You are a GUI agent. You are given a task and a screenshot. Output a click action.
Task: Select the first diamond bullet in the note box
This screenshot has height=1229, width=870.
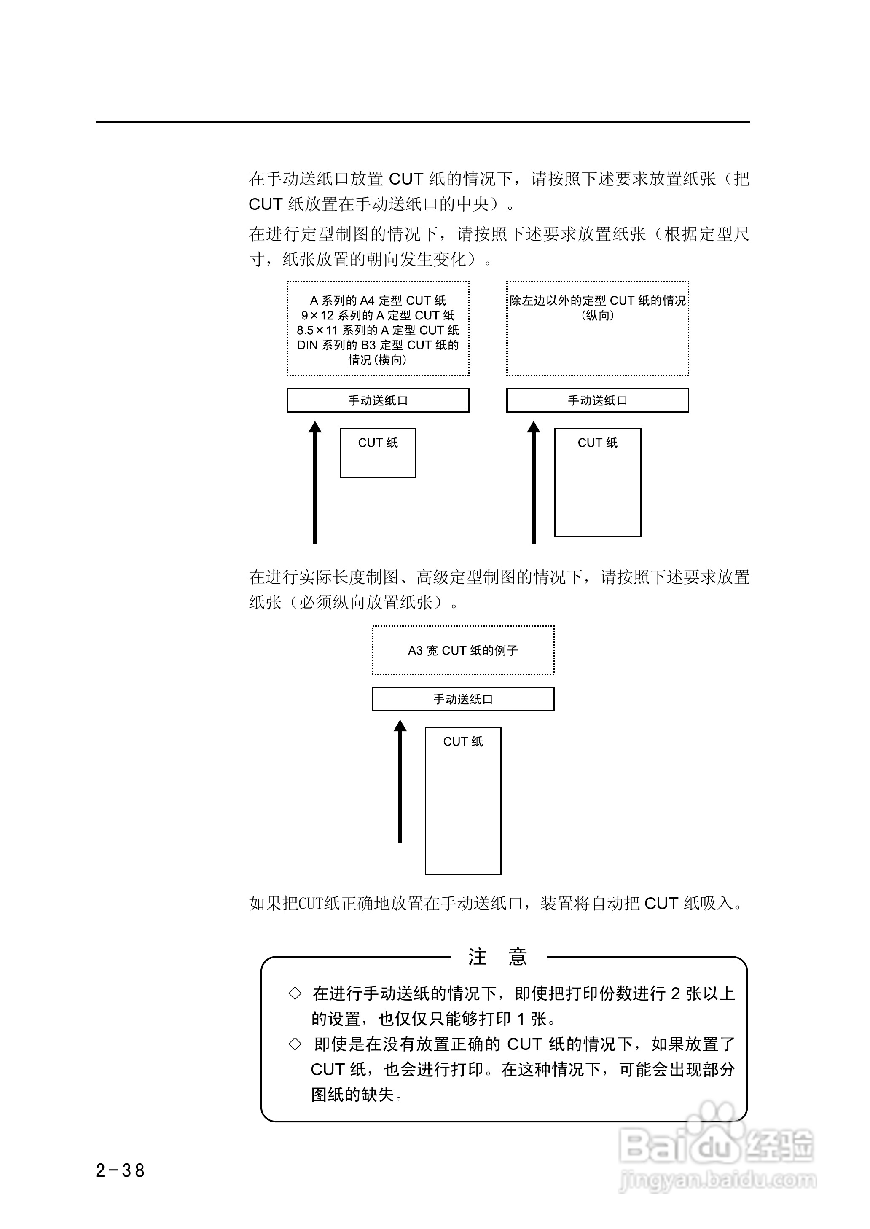tap(295, 993)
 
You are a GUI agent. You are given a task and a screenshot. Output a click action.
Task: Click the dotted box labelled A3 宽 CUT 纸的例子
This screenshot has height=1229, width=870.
tap(463, 650)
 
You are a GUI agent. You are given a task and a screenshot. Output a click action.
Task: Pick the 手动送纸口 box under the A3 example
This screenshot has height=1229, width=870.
tap(463, 699)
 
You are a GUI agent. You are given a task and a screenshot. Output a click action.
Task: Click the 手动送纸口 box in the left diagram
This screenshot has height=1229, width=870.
tap(378, 400)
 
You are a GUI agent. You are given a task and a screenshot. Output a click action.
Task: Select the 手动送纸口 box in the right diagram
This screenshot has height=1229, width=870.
tap(597, 400)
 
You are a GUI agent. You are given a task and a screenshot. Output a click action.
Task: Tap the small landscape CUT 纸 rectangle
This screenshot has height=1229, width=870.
tap(378, 453)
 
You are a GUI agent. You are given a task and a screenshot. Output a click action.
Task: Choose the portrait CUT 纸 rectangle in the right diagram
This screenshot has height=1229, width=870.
tap(597, 482)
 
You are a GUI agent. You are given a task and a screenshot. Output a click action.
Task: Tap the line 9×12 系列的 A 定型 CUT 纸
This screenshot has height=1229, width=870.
tap(378, 315)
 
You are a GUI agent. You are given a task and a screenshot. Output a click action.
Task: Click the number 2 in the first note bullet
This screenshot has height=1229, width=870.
tap(676, 994)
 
